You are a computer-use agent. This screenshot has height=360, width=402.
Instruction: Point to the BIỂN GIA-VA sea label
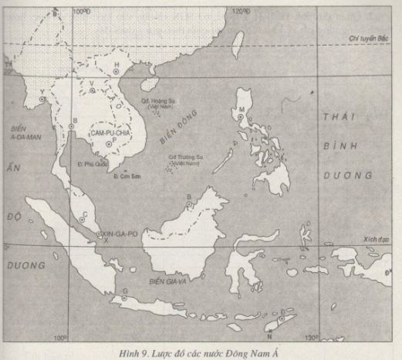170,282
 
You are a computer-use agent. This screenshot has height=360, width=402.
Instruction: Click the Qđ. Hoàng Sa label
157,100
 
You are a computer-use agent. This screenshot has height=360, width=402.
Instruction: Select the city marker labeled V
93,89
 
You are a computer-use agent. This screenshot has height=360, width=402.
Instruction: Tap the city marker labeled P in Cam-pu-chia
114,147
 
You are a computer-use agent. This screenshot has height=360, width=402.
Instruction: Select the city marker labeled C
83,220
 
